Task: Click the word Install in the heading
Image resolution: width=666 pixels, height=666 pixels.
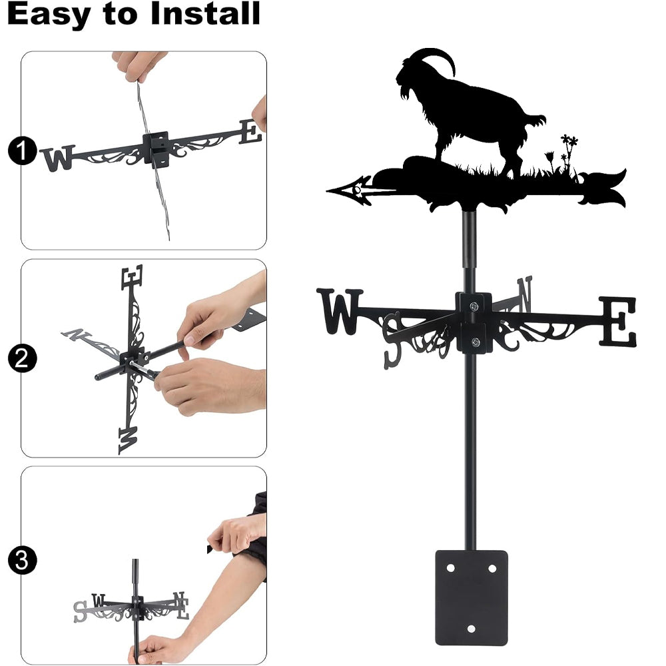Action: (205, 13)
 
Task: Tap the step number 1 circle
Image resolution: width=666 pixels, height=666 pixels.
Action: (22, 151)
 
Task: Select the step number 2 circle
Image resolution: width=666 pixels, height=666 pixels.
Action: (22, 358)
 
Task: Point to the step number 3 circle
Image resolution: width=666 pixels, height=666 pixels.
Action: (22, 560)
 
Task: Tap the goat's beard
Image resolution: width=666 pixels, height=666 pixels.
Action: (406, 92)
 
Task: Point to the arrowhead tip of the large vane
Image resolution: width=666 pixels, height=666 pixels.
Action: (327, 191)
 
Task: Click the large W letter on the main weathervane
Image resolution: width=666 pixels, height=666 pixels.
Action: (340, 311)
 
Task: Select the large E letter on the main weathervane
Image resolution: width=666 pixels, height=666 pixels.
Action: (617, 322)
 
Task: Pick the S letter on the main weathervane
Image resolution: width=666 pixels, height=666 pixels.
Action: (392, 340)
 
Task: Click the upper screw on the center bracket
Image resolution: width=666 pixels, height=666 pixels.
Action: (474, 306)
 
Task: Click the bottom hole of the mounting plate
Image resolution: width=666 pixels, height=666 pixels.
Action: (471, 629)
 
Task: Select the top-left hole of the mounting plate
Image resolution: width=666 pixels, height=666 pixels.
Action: (450, 568)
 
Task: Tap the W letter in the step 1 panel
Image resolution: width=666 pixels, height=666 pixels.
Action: (59, 158)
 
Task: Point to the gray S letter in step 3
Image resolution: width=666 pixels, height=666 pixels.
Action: (80, 611)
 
